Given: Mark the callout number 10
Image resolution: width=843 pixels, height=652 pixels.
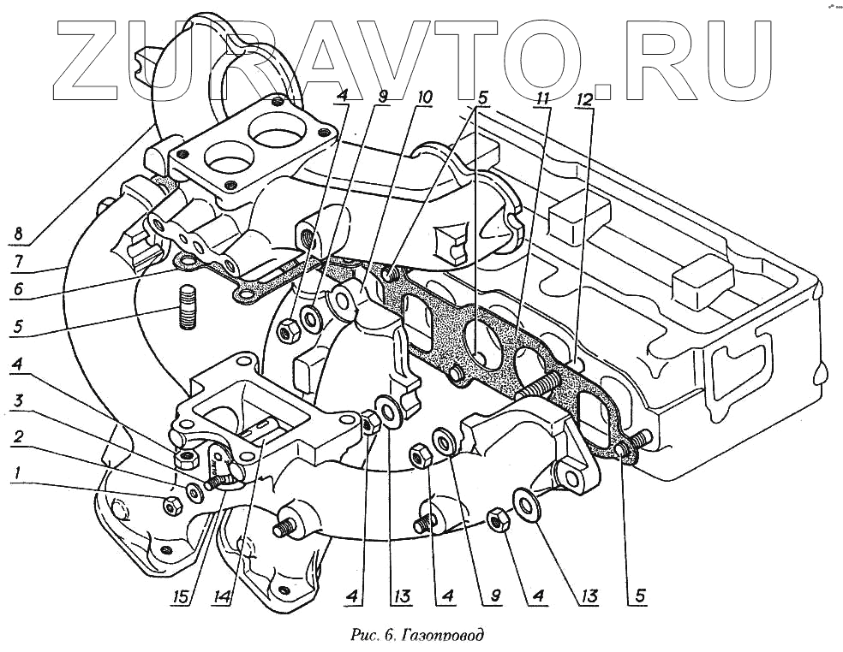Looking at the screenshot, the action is tap(424, 98).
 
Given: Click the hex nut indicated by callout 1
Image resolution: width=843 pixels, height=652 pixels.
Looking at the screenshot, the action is tap(170, 507).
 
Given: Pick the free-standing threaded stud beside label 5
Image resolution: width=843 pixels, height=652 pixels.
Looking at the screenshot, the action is tap(188, 308).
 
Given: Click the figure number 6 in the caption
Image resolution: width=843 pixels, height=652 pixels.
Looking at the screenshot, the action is tap(388, 635).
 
